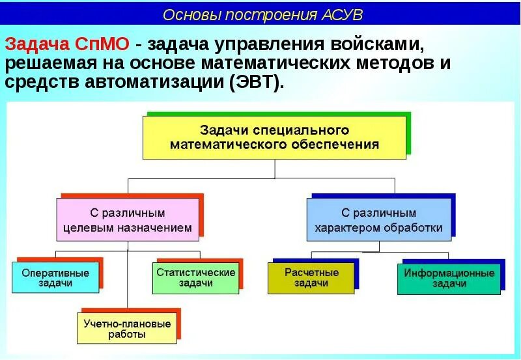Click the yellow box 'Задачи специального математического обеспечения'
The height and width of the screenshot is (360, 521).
(274, 137)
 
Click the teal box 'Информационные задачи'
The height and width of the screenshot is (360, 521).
(449, 279)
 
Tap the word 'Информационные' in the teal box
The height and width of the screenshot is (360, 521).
(449, 273)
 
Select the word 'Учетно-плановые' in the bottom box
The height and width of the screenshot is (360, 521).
(127, 324)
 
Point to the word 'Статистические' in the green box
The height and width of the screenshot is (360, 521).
(196, 272)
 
